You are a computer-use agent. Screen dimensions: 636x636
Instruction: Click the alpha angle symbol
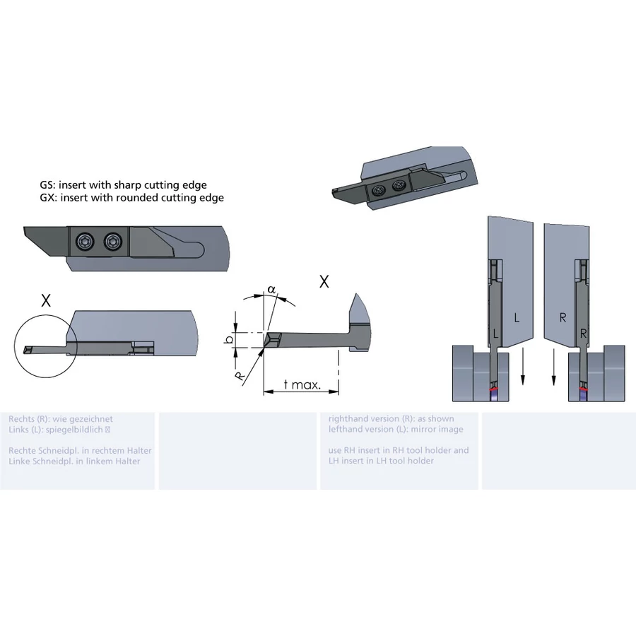(271, 290)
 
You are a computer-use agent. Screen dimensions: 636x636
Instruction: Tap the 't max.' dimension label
(302, 384)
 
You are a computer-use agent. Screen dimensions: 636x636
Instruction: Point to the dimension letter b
(230, 339)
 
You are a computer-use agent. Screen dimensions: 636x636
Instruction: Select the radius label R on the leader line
(240, 377)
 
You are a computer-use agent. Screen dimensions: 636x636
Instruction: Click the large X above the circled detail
(46, 300)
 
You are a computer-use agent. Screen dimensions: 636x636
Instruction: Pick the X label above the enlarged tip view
(324, 281)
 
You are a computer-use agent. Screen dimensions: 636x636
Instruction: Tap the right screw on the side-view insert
(113, 242)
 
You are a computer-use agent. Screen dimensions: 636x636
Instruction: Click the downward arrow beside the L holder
(523, 365)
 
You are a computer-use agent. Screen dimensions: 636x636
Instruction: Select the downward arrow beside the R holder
(553, 365)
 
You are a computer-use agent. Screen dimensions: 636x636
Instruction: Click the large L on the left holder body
(517, 317)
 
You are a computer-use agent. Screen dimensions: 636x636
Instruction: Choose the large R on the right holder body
(563, 317)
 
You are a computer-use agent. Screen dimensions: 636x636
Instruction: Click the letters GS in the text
(47, 185)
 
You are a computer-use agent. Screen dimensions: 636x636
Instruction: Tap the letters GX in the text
(47, 198)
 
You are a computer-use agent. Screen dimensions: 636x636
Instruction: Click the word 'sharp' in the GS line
(127, 185)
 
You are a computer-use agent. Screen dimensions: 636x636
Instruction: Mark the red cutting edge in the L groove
(495, 389)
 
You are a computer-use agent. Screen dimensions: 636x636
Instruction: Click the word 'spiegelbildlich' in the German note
(74, 430)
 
